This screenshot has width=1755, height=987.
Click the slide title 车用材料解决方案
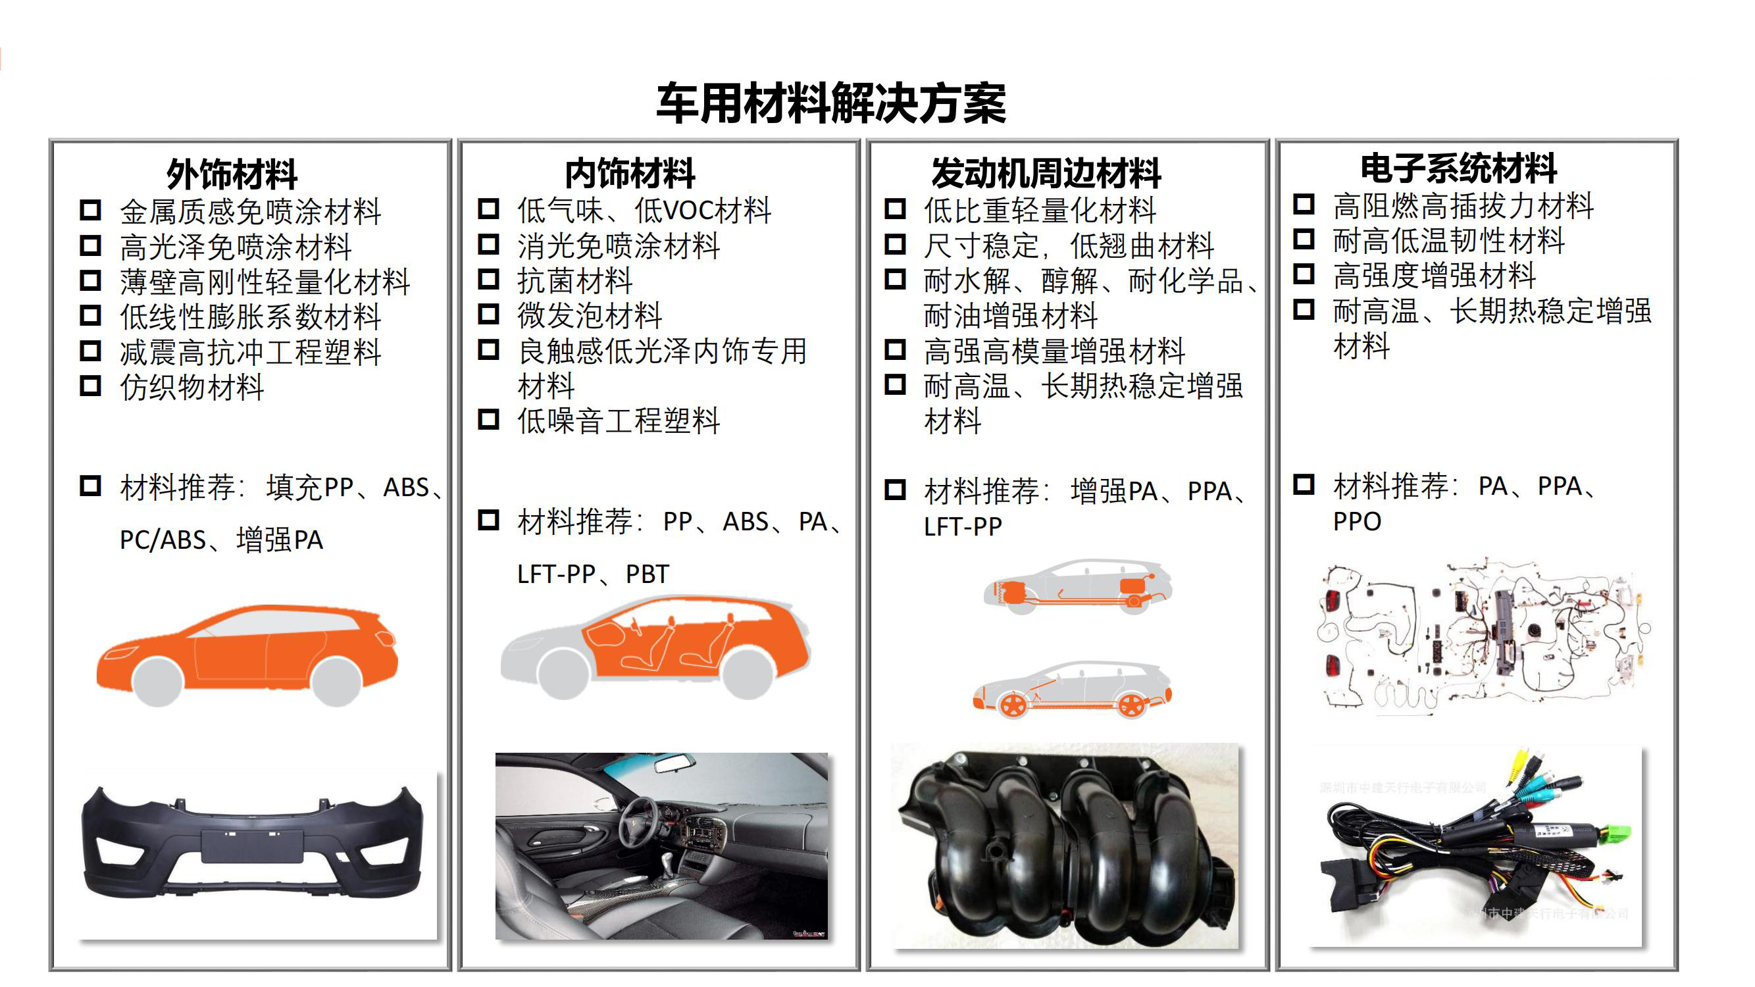830,103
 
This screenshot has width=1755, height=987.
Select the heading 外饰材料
232,174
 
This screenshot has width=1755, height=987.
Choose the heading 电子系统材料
1459,169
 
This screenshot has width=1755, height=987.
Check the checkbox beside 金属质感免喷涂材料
90,210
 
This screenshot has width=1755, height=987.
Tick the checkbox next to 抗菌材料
488,279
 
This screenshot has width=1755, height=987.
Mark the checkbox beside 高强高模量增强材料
894,350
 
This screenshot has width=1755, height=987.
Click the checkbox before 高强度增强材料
1304,274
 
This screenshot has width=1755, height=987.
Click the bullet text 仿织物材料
192,388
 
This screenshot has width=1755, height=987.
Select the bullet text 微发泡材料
590,315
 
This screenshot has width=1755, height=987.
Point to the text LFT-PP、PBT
593,574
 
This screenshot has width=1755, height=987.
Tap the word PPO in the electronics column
1357,522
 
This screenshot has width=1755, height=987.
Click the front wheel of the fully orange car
158,681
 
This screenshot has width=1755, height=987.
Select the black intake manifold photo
1065,846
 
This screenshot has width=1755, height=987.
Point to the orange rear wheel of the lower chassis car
1132,705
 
